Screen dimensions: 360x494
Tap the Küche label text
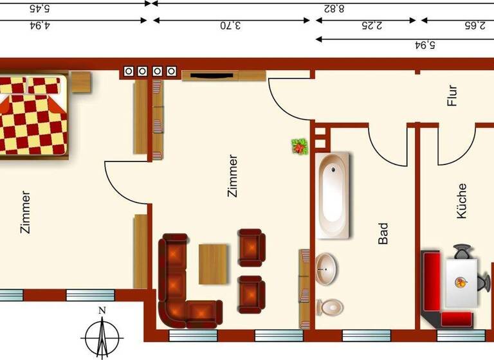461,201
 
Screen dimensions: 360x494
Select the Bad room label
383,233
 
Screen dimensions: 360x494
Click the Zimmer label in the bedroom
25,212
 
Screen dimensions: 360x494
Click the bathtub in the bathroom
334,195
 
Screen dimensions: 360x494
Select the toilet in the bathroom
330,307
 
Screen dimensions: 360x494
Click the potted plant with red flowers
299,147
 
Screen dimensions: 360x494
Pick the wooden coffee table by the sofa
213,264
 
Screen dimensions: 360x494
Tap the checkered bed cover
32,116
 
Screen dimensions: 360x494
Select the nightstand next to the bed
80,82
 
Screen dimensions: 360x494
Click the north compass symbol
102,332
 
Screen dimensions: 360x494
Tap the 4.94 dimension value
40,26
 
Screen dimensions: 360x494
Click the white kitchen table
462,282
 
